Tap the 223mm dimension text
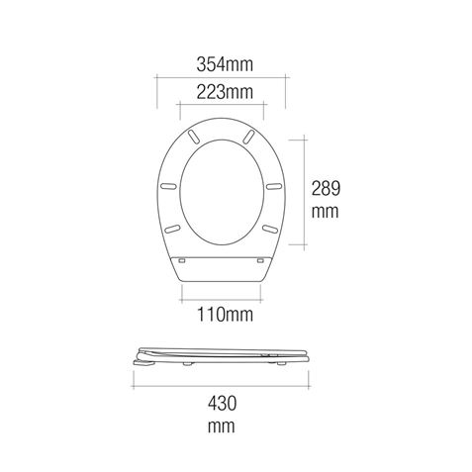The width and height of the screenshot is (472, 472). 223,93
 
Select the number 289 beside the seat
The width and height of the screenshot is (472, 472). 326,185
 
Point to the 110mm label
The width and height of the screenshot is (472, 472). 223,315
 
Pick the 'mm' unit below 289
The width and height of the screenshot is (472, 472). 326,211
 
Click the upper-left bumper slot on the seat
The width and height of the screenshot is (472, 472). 194,136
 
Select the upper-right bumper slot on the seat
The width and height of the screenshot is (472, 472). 251,136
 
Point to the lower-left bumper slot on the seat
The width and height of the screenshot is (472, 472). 175,228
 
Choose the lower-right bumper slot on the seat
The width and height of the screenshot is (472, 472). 270,228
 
